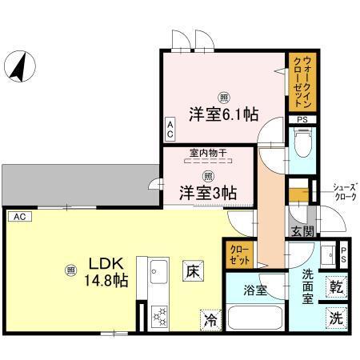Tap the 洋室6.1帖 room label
click(223, 114)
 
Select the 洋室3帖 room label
click(206, 192)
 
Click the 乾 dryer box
click(336, 286)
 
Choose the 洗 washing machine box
click(336, 317)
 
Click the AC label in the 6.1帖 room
click(170, 128)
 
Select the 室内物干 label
click(206, 153)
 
